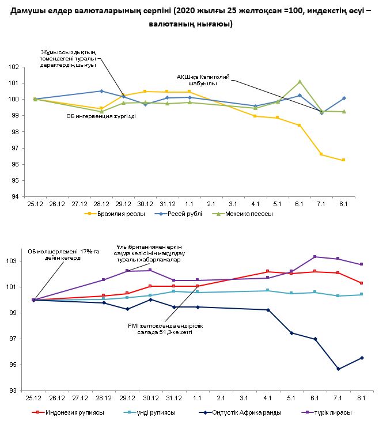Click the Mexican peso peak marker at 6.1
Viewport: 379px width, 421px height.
pyautogui.click(x=300, y=82)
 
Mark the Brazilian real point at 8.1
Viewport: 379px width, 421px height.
pyautogui.click(x=343, y=160)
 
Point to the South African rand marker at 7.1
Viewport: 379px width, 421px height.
pyautogui.click(x=338, y=369)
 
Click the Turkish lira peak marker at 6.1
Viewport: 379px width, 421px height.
pyautogui.click(x=314, y=257)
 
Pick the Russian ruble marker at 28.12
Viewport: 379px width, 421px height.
pyautogui.click(x=101, y=91)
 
